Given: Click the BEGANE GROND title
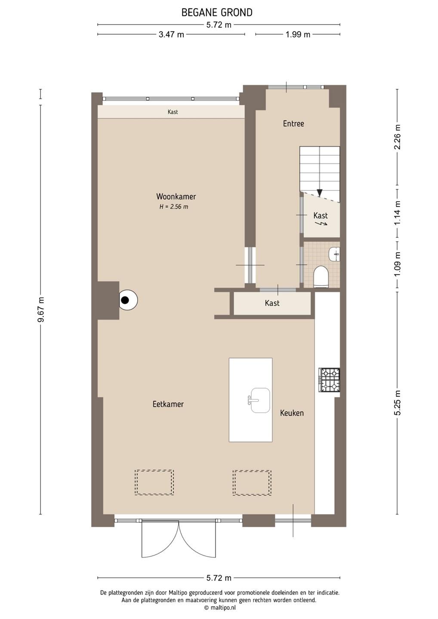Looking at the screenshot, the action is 217,12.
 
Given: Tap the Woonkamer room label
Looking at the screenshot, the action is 176,196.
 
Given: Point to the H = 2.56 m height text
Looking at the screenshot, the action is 174,207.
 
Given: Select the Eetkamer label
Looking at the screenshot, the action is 168,404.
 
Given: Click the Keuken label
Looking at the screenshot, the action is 292,413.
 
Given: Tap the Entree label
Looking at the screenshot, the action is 293,123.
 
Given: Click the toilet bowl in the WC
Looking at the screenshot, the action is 321,276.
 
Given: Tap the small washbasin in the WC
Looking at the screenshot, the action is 334,254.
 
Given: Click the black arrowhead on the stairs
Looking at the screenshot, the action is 320,193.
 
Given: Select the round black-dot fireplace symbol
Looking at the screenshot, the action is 128,300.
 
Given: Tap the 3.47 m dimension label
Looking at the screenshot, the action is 171,34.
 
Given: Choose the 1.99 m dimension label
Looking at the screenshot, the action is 298,34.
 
